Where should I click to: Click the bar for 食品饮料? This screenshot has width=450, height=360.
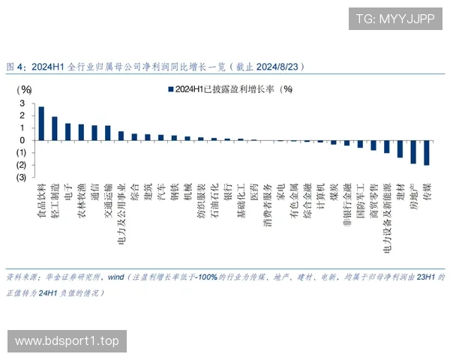(41, 124)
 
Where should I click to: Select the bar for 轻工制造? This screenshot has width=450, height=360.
(55, 128)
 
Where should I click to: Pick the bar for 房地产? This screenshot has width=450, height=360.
(413, 151)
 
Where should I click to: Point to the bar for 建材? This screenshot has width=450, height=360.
(400, 148)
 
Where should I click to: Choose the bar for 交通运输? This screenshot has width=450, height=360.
(108, 133)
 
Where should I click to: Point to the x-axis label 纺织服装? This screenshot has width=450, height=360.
(202, 199)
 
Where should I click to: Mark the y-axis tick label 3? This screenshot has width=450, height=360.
(22, 103)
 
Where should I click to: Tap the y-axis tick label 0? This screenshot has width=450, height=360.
(22, 140)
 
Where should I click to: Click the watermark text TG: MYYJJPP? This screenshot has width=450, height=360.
(394, 19)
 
